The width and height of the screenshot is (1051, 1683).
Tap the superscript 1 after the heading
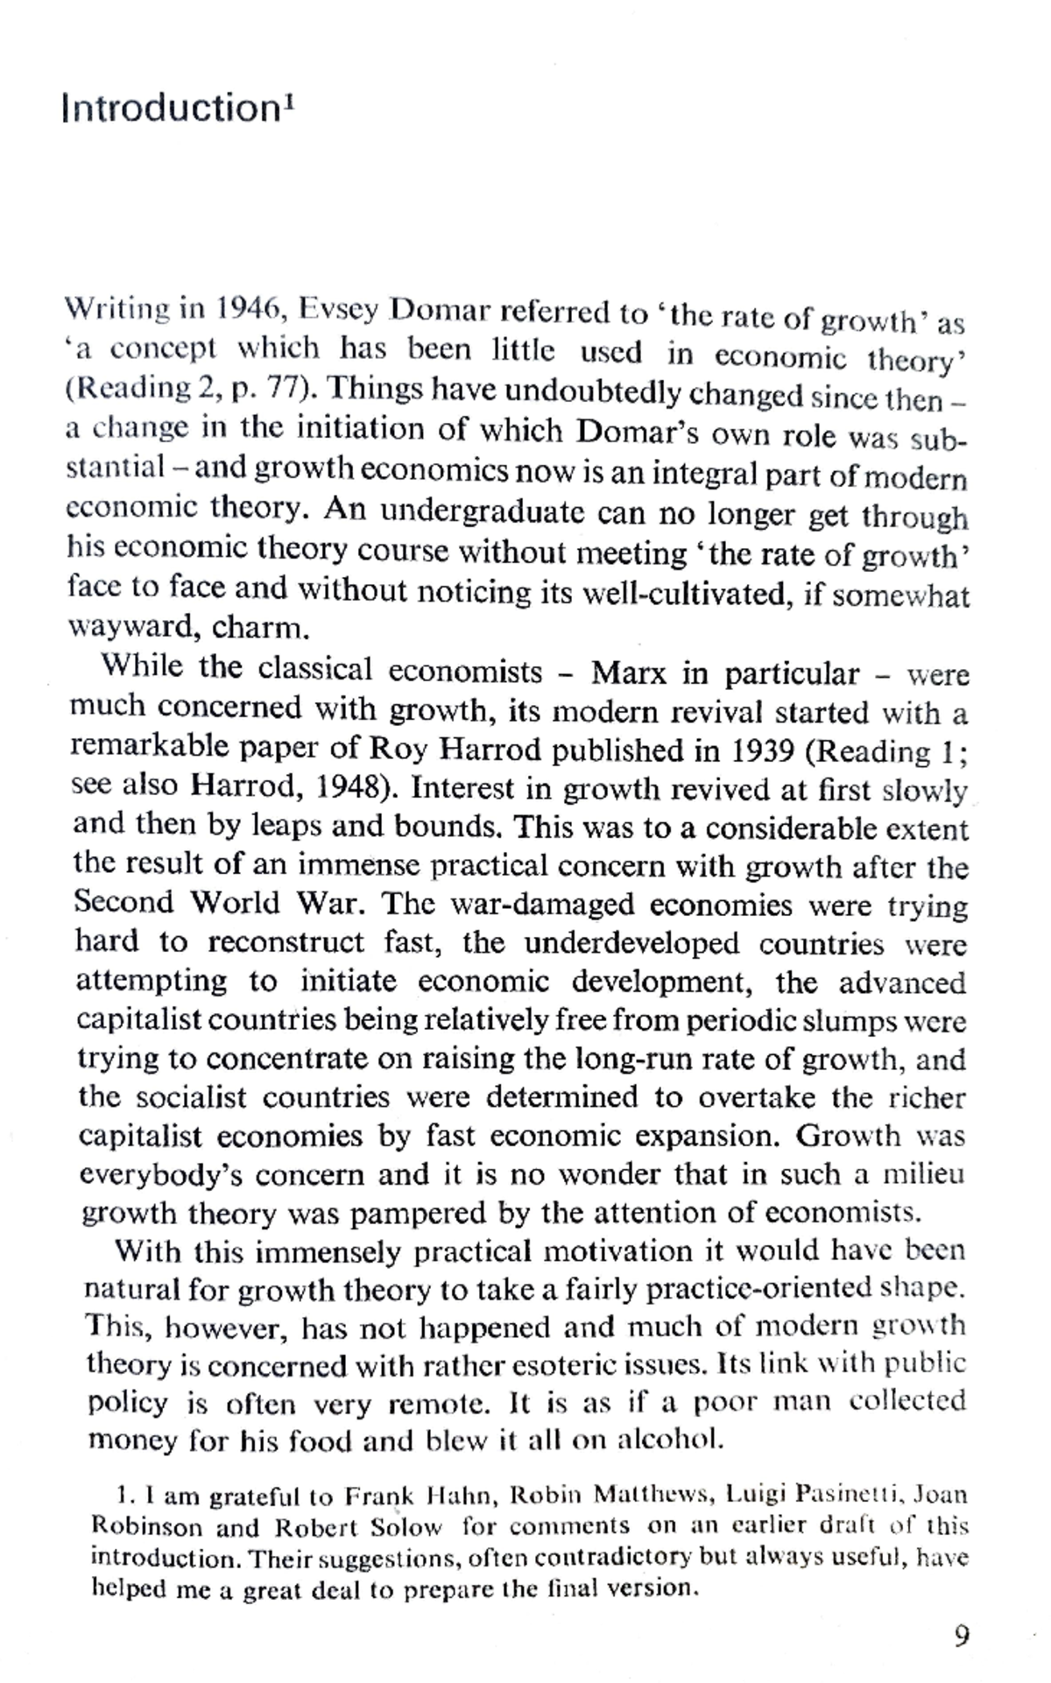click(289, 98)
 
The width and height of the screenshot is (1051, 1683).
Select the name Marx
click(628, 673)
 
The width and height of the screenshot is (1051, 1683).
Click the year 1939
click(763, 751)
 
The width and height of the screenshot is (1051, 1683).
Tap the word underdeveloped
click(631, 943)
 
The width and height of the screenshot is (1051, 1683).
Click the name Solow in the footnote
click(406, 1528)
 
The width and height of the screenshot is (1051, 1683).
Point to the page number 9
click(961, 1635)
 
